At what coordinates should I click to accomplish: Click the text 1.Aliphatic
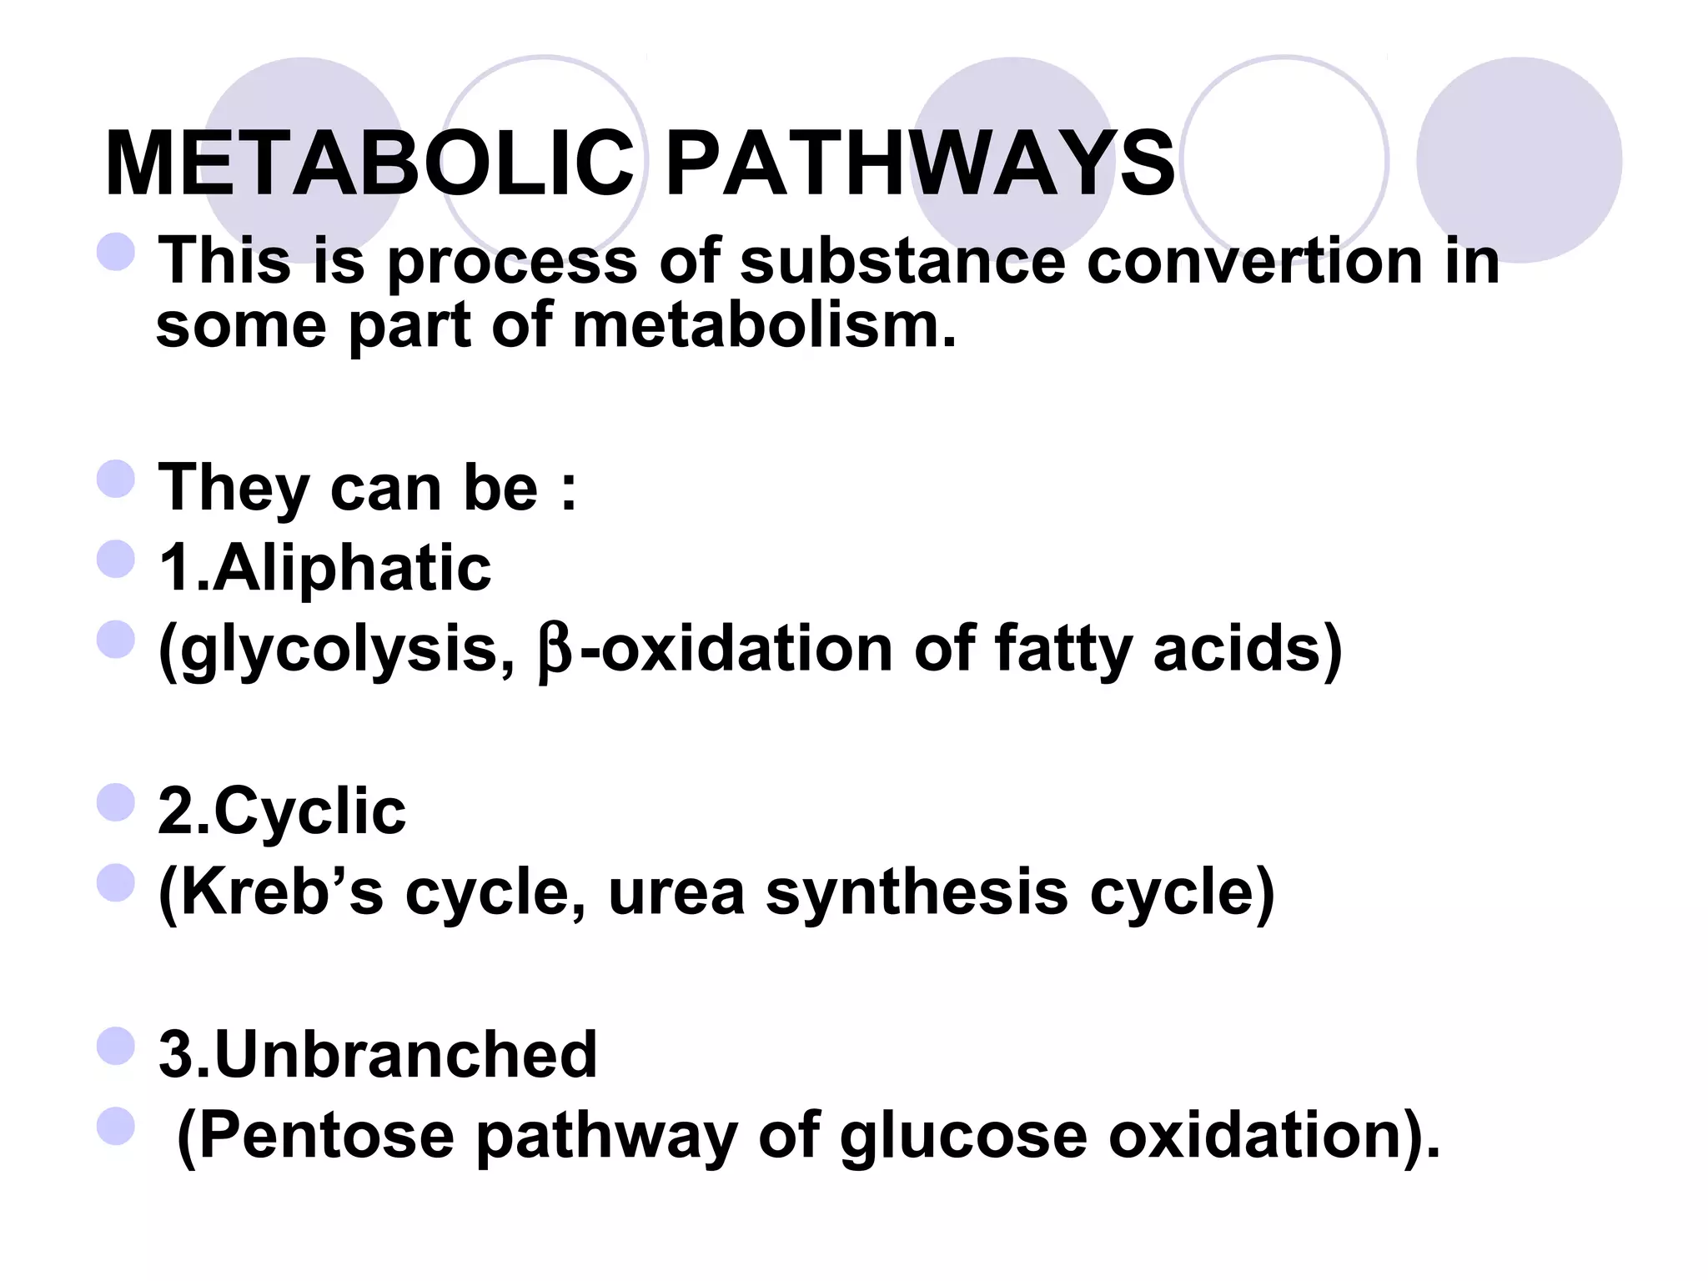pos(324,567)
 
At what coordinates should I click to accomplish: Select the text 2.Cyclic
pos(282,811)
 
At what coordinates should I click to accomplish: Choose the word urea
pos(676,893)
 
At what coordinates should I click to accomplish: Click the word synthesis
pos(917,892)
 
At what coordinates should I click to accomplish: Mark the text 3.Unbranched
pos(378,1054)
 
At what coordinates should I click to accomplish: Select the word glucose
pos(963,1137)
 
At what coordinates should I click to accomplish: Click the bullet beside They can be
pos(115,480)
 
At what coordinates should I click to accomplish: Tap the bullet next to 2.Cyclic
pos(115,802)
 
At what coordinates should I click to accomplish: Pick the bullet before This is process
pos(115,252)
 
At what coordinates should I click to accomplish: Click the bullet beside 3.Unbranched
pos(115,1046)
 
